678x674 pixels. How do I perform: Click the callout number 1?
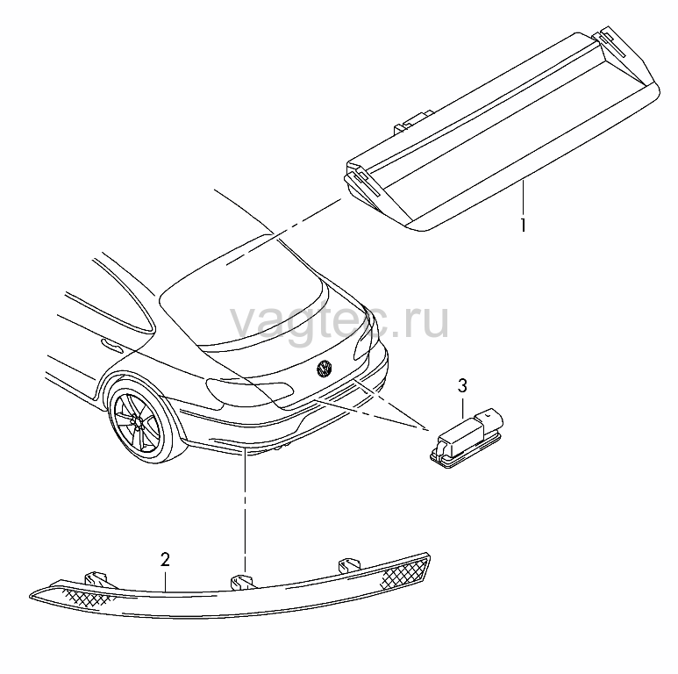point(524,225)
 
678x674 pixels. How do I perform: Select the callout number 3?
point(462,385)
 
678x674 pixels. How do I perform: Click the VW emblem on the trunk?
point(325,368)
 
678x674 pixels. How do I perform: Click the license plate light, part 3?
point(466,438)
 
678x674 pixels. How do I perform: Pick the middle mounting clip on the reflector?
point(243,581)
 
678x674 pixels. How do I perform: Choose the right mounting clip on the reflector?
point(349,565)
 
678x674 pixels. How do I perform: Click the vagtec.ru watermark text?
point(339,321)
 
